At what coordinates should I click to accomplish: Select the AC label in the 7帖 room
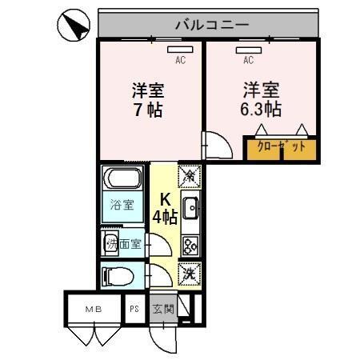coord(180,59)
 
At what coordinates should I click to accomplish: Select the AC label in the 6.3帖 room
coord(248,59)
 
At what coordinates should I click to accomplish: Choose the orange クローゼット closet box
coord(281,148)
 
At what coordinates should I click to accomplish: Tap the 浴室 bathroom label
coord(122,204)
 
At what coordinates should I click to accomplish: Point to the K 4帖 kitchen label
coord(165,208)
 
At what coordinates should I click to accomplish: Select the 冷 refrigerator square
coord(190,174)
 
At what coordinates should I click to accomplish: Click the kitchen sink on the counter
coord(190,210)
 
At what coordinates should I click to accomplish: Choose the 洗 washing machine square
coord(190,273)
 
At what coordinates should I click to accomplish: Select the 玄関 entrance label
coord(163,308)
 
